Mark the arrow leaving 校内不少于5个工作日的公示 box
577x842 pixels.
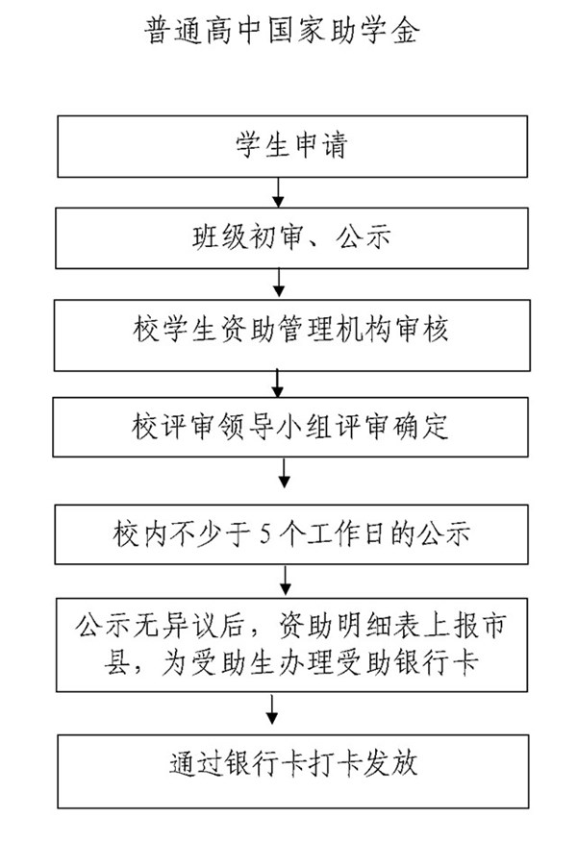pos(284,581)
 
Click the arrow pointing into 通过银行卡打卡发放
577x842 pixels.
pos(274,711)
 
